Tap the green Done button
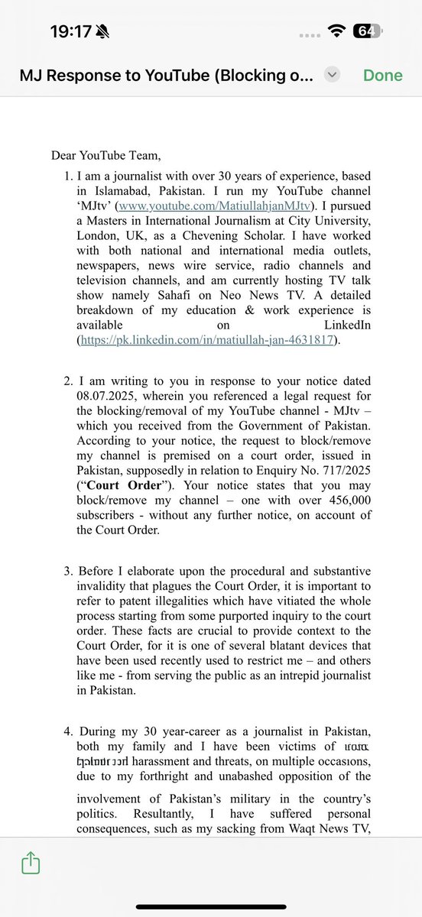382,75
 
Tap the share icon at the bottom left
31,864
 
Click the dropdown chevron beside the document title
332,75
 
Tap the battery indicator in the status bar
366,31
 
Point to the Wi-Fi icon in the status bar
336,31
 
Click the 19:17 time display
70,31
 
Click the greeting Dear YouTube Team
106,156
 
